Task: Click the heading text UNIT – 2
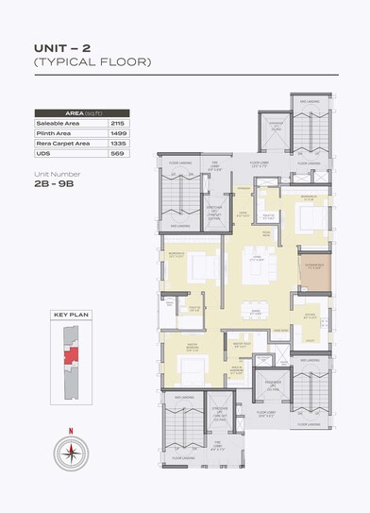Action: click(x=62, y=45)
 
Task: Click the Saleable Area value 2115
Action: click(x=117, y=124)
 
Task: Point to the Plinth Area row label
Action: click(x=53, y=134)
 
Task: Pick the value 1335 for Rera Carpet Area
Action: click(x=117, y=145)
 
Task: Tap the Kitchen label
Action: click(x=311, y=318)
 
